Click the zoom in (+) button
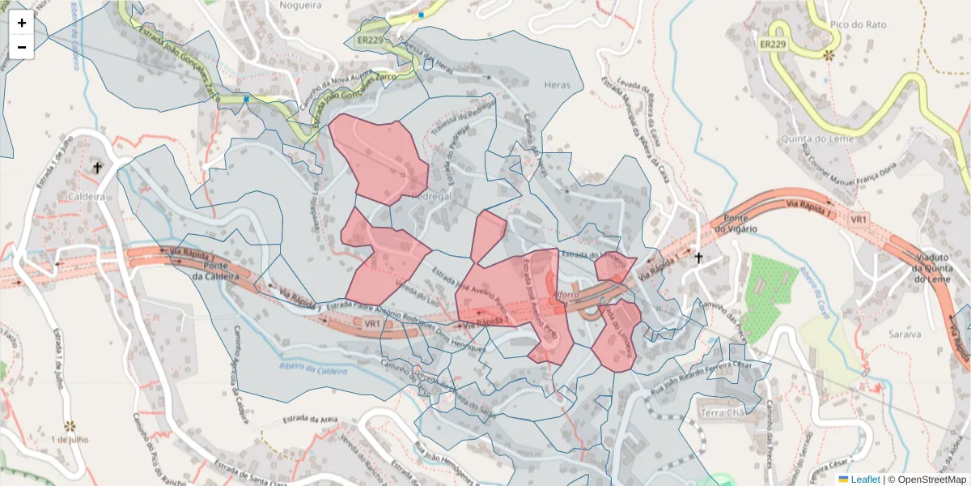[22, 23]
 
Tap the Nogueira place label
[299, 5]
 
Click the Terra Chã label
[722, 413]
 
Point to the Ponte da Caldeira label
[215, 271]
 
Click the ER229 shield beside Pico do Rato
[774, 45]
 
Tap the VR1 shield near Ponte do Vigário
[859, 220]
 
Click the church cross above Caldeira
[98, 168]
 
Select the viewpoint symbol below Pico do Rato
[828, 56]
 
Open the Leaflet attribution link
[864, 480]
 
